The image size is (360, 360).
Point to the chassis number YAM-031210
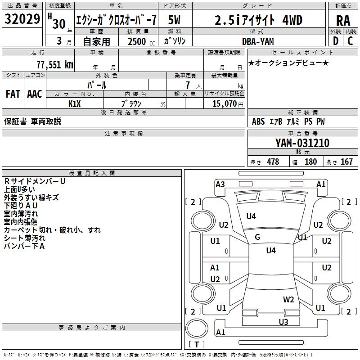(302, 143)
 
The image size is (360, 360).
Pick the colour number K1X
(75, 103)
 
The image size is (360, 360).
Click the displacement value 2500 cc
(137, 41)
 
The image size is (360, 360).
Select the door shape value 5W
(177, 20)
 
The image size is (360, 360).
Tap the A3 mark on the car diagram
(220, 184)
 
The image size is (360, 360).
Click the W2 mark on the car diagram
(288, 299)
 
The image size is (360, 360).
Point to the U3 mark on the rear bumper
(283, 322)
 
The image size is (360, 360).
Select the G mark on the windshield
(257, 237)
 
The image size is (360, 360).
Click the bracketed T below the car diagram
(197, 344)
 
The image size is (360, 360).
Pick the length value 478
(273, 162)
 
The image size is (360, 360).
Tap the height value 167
(346, 162)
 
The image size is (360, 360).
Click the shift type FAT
(13, 94)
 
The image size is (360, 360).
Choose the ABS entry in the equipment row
(258, 121)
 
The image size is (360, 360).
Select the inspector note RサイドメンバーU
(35, 181)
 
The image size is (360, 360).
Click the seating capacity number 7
(186, 85)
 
